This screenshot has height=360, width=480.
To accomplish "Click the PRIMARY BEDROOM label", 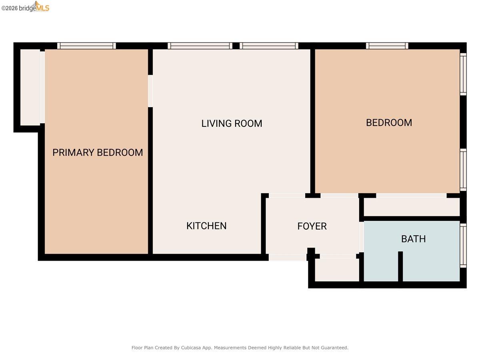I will pos(98,152).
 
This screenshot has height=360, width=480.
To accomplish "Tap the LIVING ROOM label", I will pos(232,123).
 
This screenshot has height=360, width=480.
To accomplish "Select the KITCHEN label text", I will pos(206,226).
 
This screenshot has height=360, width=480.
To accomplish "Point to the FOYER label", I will pos(312,226).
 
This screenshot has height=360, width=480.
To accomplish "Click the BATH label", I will pos(413,239).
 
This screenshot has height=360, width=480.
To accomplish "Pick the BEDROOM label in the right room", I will pos(389,122).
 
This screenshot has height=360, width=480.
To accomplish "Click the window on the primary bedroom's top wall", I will pos(86,46).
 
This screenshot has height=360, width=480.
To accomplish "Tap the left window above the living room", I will pos(200,46).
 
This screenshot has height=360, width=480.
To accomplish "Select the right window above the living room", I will pos(269,46).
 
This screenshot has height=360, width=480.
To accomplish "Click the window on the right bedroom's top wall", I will pos(387,46).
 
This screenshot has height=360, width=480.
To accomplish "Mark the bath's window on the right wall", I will pos(463,245).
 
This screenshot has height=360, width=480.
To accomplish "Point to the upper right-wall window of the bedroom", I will pos(463,74).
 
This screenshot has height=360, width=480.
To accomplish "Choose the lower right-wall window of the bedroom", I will pos(463,170).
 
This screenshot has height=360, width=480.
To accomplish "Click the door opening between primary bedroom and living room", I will pos(150,91).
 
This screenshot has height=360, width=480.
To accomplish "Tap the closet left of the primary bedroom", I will pos(30,87).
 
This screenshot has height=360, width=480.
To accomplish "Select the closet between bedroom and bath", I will pos(411,207).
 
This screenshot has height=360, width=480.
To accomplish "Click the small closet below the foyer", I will pos(337,270).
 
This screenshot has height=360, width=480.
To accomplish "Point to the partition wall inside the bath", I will pos(400,266).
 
